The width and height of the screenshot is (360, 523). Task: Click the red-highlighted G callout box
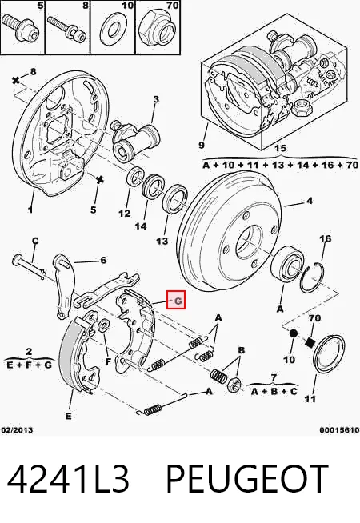(176, 300)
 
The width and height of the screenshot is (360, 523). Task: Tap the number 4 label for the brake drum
(310, 201)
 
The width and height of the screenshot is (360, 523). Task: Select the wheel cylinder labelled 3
(135, 140)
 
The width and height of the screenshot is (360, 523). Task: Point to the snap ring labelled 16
(312, 277)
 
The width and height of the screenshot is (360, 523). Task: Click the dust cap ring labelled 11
(330, 354)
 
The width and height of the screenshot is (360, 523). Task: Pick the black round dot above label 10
(294, 333)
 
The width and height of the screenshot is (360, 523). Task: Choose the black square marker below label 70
(310, 342)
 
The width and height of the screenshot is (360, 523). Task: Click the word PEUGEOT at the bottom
(247, 477)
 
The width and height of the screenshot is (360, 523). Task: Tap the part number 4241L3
(68, 478)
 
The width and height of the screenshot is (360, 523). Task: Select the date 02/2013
(17, 430)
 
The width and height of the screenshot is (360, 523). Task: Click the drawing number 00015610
(339, 430)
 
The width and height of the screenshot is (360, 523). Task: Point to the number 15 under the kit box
(280, 149)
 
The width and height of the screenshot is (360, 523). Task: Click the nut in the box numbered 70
(155, 28)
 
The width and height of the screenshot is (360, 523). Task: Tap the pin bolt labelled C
(30, 266)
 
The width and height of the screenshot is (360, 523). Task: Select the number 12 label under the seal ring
(125, 214)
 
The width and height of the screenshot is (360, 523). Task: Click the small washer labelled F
(104, 325)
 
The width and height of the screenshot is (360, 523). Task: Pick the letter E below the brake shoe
(68, 416)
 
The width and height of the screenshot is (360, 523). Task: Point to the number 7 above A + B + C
(274, 378)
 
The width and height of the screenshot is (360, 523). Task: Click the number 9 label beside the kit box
(201, 145)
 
